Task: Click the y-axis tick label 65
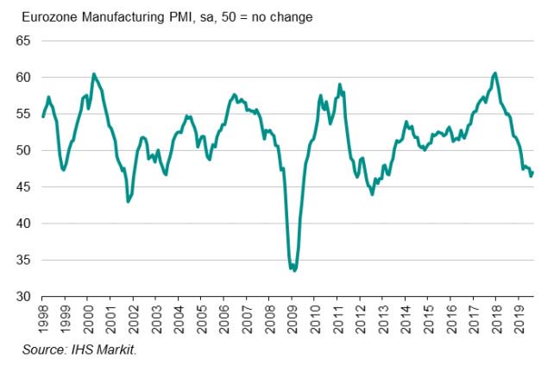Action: tap(23, 41)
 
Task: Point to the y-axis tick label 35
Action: tap(23, 260)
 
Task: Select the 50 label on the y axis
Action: tap(23, 150)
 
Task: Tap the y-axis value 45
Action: tap(23, 187)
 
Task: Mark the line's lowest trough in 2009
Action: tap(294, 270)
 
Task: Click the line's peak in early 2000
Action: tap(93, 74)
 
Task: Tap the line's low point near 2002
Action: tap(128, 202)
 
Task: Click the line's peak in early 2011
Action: tap(340, 85)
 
